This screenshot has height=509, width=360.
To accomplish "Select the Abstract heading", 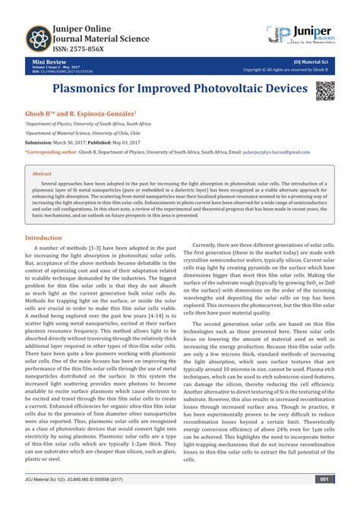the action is pos(42,173).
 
